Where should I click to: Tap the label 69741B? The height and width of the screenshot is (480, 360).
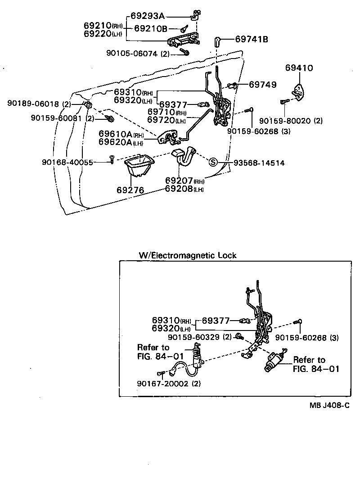[x=252, y=39]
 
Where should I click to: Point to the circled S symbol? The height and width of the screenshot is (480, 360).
[x=213, y=163]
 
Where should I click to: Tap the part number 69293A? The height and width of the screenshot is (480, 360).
[x=148, y=16]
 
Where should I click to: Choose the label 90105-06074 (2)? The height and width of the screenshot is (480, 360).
[x=138, y=53]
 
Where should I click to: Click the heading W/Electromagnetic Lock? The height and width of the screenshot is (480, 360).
[x=188, y=255]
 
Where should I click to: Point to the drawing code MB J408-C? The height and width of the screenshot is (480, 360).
[x=328, y=405]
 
